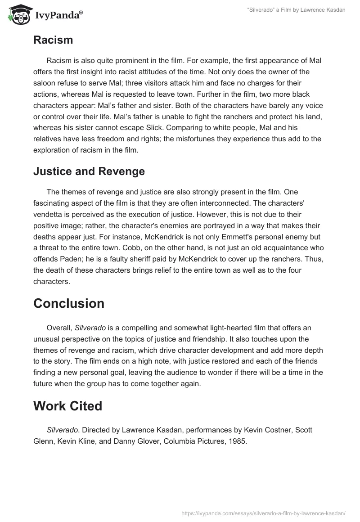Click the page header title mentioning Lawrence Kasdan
coord(296,10)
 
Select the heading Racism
coord(53,40)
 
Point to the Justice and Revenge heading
coord(89,171)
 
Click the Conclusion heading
coord(69,303)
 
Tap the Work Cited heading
coord(68,406)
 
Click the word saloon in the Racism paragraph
coord(45,83)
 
